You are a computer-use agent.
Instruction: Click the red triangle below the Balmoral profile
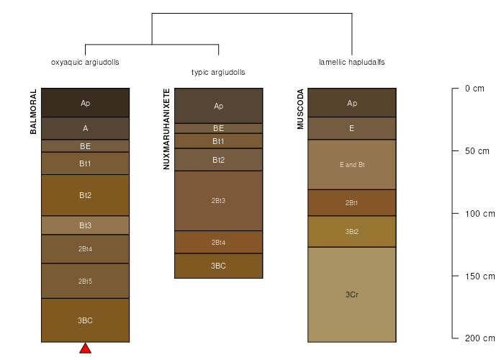[85, 348]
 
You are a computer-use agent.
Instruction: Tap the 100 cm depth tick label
[479, 213]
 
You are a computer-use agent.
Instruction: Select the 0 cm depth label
[475, 89]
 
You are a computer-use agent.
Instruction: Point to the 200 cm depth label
[479, 338]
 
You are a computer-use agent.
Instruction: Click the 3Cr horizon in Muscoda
[352, 294]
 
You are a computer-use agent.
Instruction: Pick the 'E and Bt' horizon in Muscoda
[352, 165]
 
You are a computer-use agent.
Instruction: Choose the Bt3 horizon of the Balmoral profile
[85, 225]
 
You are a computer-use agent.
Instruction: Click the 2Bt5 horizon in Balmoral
[85, 281]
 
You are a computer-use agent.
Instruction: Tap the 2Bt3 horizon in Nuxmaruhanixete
[219, 200]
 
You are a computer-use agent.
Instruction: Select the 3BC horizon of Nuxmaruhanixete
[219, 266]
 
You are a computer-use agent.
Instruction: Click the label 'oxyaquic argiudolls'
[85, 63]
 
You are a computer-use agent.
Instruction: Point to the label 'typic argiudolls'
[218, 73]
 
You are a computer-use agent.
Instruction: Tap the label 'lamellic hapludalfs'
[352, 63]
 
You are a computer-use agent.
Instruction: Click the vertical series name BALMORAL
[33, 112]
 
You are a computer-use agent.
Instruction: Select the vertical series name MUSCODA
[301, 109]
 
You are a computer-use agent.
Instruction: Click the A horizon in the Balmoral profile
[85, 127]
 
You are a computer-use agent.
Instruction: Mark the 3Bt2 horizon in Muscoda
[352, 231]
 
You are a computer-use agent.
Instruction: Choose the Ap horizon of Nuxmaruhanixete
[219, 107]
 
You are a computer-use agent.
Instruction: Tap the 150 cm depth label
[479, 276]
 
